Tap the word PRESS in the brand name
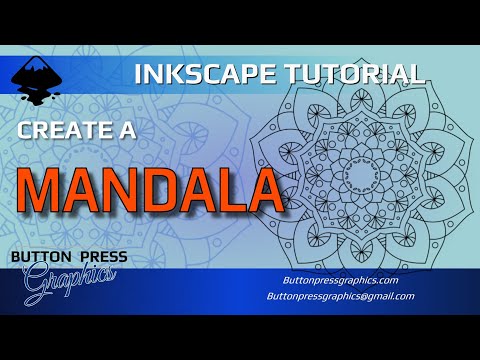coord(102,257)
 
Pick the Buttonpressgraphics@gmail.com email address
coord(339,297)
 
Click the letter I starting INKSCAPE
coord(138,74)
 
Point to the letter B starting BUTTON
coord(14,257)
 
